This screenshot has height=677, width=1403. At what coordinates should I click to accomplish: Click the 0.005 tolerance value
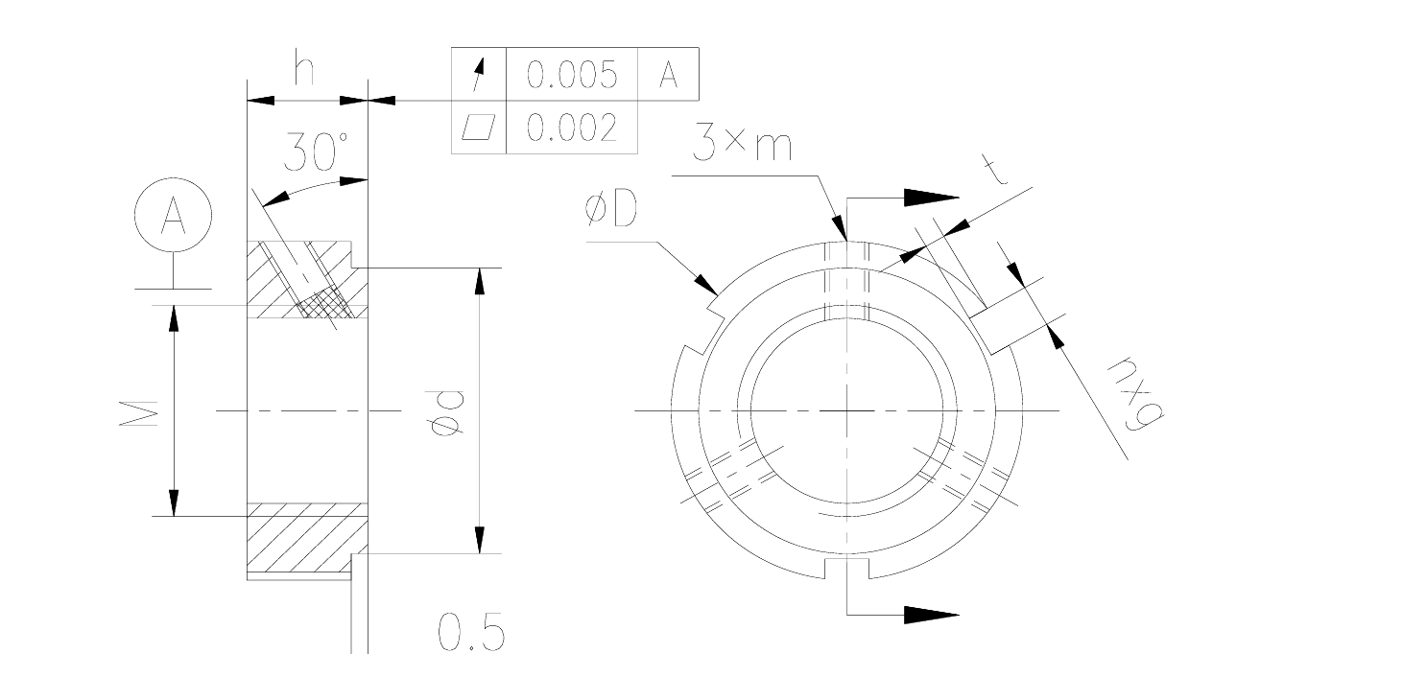tap(572, 75)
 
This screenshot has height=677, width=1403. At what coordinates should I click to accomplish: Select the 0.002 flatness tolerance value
tap(572, 128)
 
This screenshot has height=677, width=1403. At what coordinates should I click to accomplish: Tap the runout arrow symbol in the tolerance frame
tap(479, 75)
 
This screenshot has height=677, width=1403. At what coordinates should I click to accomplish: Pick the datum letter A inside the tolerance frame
tap(668, 75)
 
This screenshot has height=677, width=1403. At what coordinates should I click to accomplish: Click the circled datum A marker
tap(173, 215)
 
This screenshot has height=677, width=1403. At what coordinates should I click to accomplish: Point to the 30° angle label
tap(317, 151)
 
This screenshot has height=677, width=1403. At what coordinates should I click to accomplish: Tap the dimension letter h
tap(304, 69)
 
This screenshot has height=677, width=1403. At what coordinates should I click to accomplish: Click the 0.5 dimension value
tap(471, 633)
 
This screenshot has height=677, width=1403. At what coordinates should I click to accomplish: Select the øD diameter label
tap(610, 210)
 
